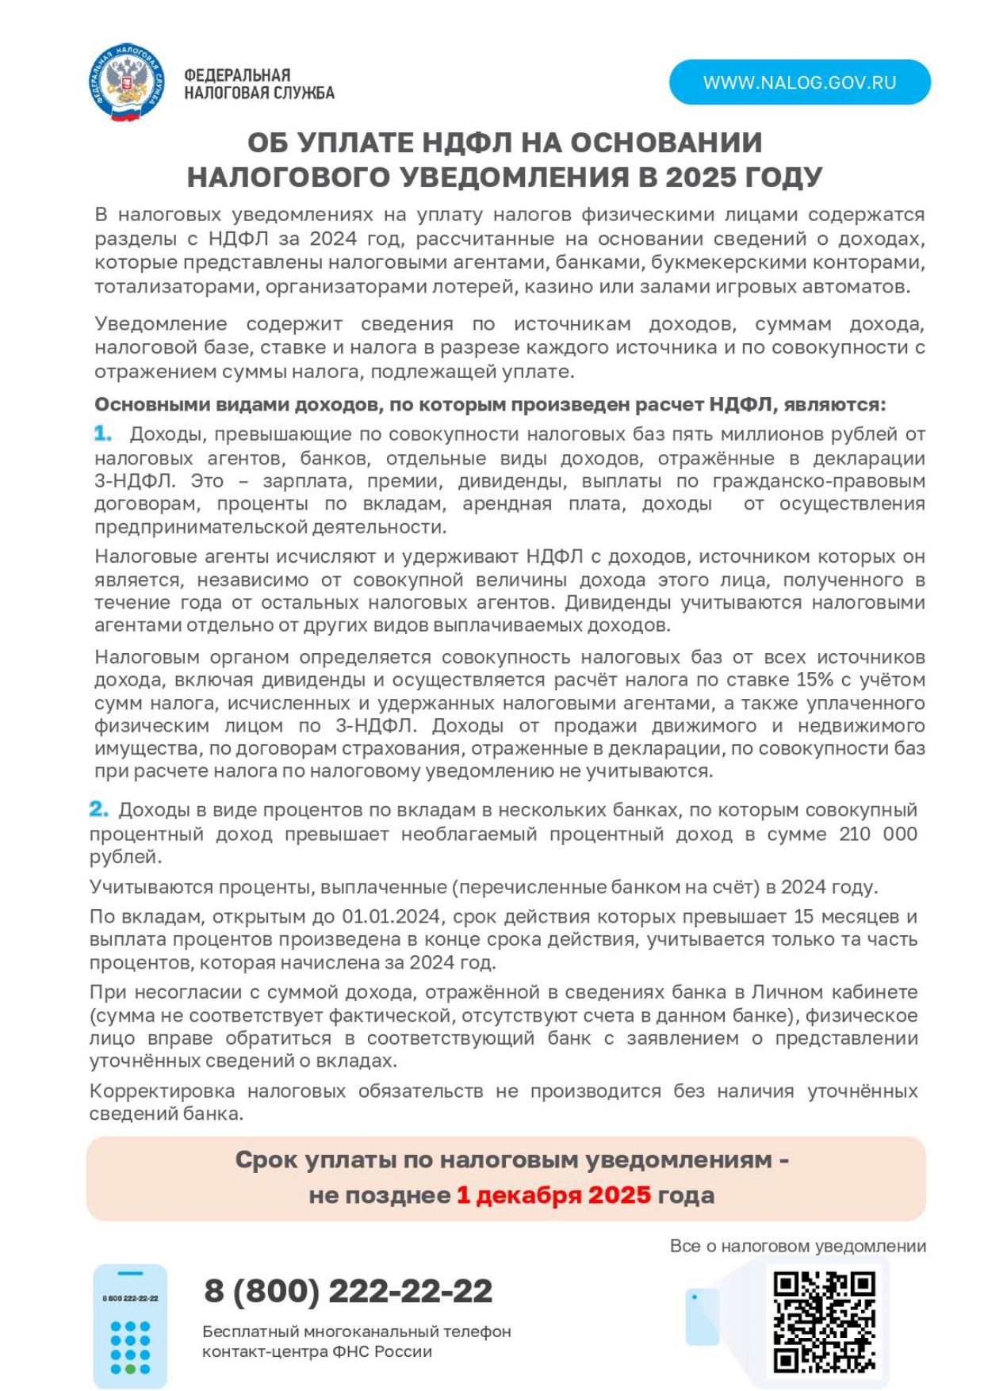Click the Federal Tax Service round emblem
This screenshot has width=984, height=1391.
(126, 82)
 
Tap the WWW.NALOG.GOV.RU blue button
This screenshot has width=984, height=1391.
(799, 82)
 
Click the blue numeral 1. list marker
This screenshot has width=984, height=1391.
(103, 433)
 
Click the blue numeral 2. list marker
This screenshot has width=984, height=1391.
(98, 809)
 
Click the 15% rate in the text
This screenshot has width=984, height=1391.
(814, 680)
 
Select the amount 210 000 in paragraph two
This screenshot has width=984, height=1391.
(877, 834)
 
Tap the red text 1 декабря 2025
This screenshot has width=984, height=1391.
(553, 1195)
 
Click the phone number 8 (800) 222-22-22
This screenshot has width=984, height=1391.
(348, 1291)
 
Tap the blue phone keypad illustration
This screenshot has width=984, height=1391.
(130, 1326)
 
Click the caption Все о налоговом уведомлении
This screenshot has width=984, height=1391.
(798, 1246)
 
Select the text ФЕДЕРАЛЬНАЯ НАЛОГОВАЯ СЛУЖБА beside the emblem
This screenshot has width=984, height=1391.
(258, 84)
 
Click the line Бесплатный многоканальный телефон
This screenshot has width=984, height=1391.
(356, 1332)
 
